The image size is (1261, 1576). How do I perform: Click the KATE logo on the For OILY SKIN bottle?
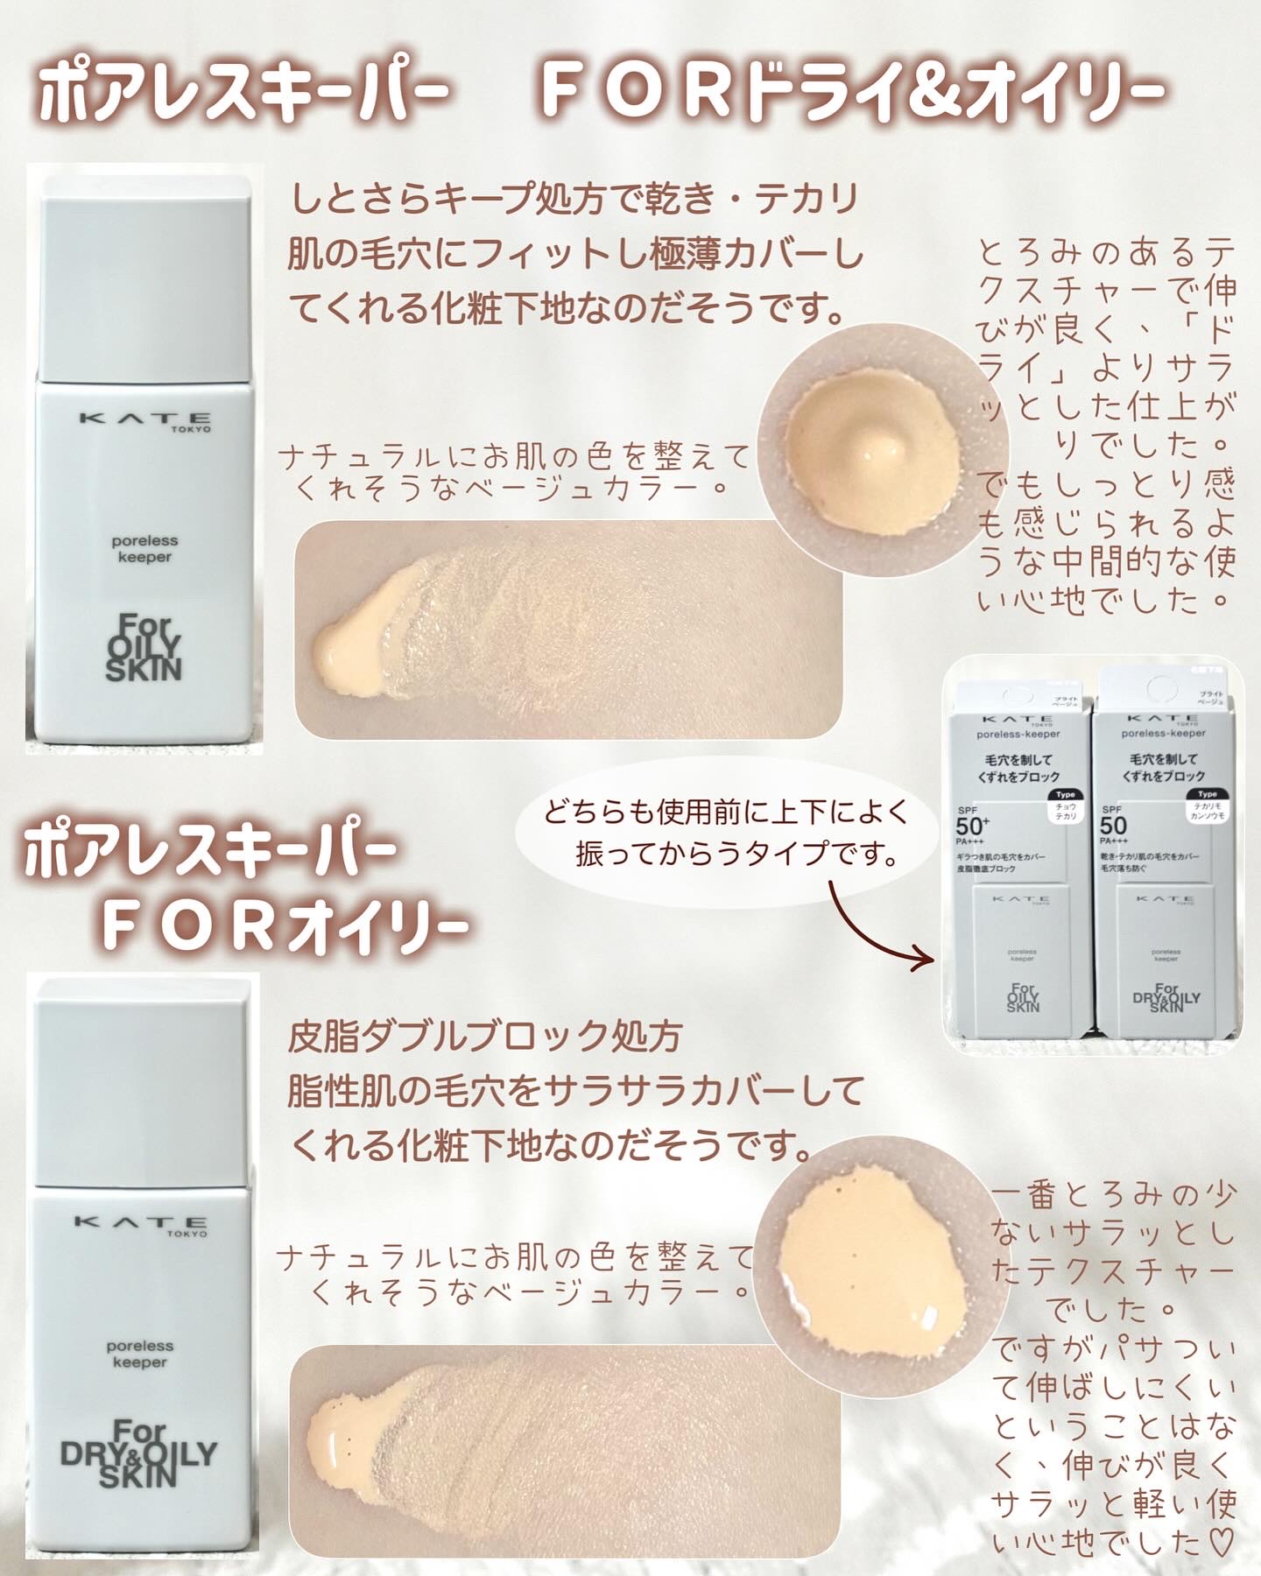coord(145,419)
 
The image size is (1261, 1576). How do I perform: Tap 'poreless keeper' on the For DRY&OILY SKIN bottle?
coord(140,1354)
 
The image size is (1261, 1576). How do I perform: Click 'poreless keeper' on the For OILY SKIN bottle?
coord(142,549)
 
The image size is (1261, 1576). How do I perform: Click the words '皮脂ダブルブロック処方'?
coord(484,1038)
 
